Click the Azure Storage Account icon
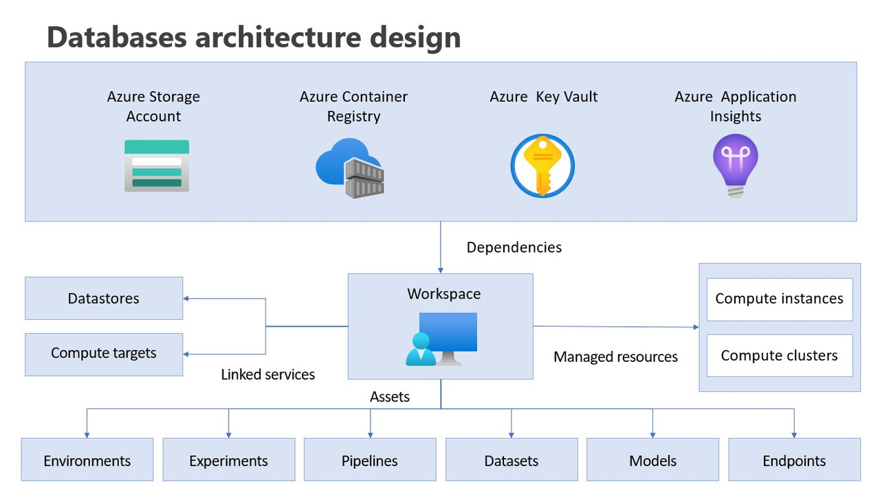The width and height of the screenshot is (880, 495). pyautogui.click(x=157, y=165)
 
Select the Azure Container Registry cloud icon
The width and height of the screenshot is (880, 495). pyautogui.click(x=349, y=168)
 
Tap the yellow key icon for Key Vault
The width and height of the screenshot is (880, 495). pyautogui.click(x=542, y=165)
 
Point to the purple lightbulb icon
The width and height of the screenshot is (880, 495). pyautogui.click(x=735, y=165)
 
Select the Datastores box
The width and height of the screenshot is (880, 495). pyautogui.click(x=104, y=299)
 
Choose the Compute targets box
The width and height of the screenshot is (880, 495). pyautogui.click(x=104, y=354)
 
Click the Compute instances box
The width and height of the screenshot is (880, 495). pyautogui.click(x=779, y=299)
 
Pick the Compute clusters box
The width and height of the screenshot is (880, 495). pyautogui.click(x=779, y=356)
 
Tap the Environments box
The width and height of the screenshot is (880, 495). pyautogui.click(x=87, y=460)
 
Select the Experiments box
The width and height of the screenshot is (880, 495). pyautogui.click(x=229, y=460)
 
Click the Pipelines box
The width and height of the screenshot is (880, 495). pyautogui.click(x=370, y=460)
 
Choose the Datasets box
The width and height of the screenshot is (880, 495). pyautogui.click(x=511, y=460)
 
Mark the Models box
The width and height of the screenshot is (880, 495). pyautogui.click(x=652, y=460)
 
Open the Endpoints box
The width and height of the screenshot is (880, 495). pyautogui.click(x=794, y=460)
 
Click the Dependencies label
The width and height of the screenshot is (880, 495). pyautogui.click(x=514, y=248)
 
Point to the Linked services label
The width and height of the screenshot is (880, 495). pyautogui.click(x=267, y=375)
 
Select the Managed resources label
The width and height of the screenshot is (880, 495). pyautogui.click(x=615, y=357)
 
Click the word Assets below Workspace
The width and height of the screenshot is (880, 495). pyautogui.click(x=390, y=397)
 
